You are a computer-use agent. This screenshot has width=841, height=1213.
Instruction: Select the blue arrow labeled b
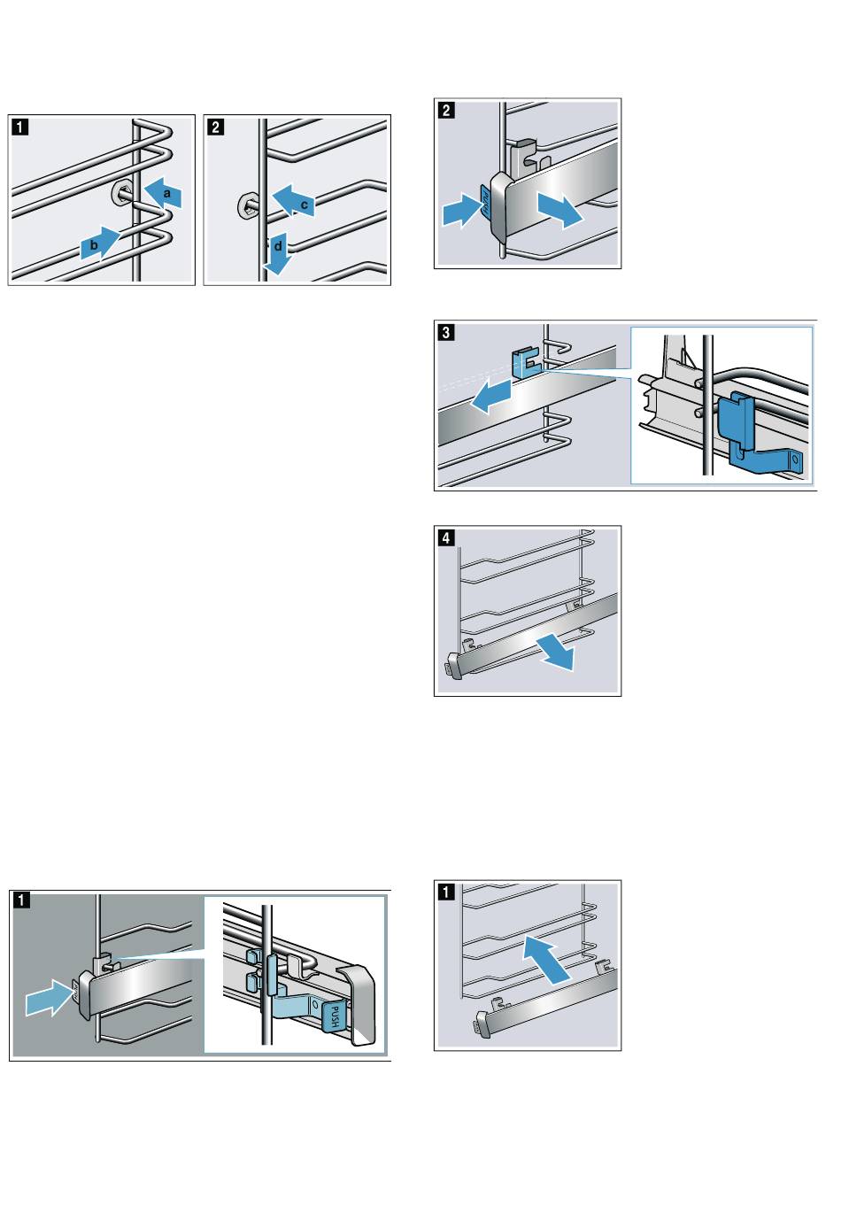point(100,243)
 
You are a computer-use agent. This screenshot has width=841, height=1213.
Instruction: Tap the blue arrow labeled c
point(294,201)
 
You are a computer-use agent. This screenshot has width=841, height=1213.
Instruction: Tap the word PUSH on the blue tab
point(337,1015)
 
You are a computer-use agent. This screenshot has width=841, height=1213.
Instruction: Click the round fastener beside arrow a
point(123,191)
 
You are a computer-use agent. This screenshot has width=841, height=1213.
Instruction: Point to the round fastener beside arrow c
point(247,207)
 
